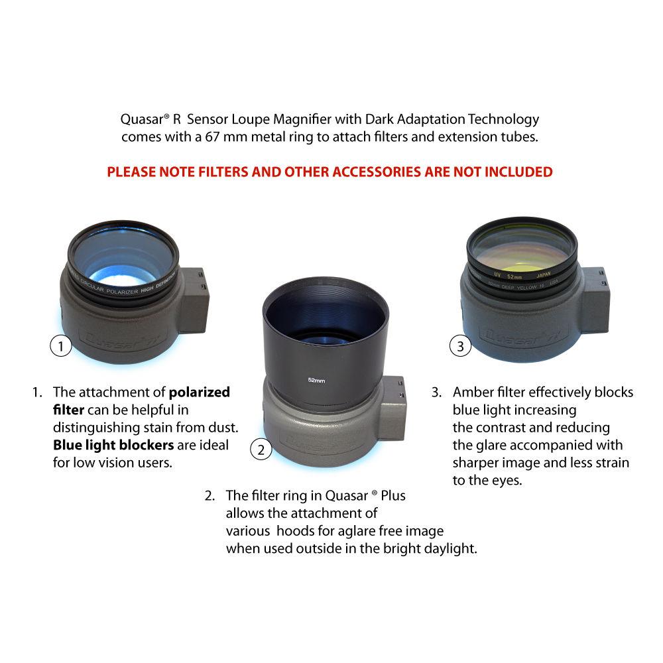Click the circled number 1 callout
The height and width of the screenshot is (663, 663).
point(61,346)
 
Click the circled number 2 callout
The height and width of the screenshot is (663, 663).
point(261,450)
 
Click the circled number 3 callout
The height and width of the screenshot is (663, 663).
point(461,345)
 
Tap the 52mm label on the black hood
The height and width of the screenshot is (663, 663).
point(316,381)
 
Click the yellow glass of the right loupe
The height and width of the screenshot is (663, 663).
point(521,249)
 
